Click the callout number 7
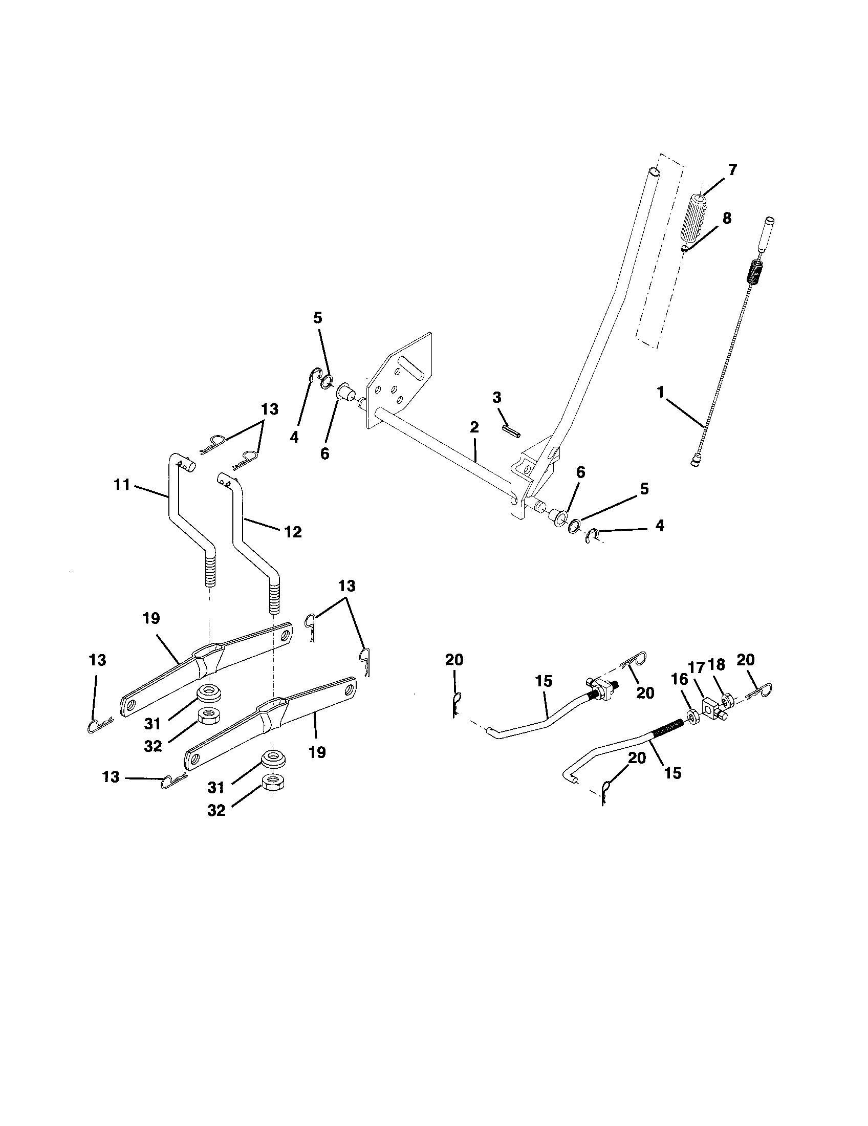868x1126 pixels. pos(732,169)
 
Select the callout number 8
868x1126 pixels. pos(726,218)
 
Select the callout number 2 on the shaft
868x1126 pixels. pos(474,427)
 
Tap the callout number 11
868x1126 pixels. pos(122,485)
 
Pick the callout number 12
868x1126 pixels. pos(293,532)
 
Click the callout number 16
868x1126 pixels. pos(680,680)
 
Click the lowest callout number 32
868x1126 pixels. pos(216,811)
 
